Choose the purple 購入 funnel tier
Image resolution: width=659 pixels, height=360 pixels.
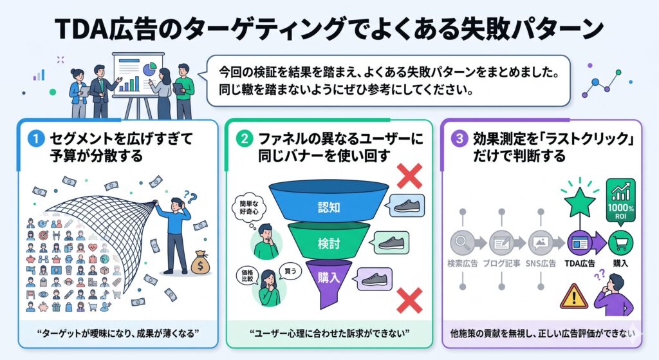click(x=328, y=278)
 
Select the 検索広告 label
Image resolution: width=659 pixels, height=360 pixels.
click(x=462, y=263)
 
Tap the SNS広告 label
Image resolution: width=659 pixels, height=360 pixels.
click(x=541, y=263)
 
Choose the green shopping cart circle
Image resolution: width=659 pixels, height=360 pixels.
click(x=620, y=243)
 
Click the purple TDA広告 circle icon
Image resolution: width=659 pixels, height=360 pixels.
click(x=578, y=243)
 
